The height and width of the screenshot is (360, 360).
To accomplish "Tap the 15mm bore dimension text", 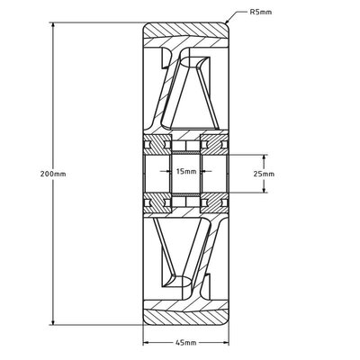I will [186, 171].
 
